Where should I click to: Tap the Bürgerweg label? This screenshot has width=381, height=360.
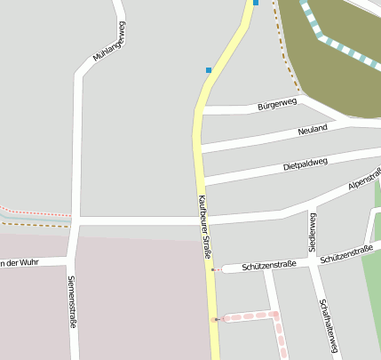click(x=276, y=105)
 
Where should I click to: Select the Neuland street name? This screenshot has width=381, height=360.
click(x=313, y=129)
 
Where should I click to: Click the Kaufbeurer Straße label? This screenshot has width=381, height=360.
click(x=204, y=227)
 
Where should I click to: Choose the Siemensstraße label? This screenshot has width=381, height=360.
click(x=72, y=302)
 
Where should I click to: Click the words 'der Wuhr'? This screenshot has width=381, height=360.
click(x=18, y=262)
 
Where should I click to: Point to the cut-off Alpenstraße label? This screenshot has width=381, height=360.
click(x=364, y=179)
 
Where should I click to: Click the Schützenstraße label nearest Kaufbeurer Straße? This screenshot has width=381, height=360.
click(x=268, y=265)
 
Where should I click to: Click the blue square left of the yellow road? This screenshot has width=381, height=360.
click(x=209, y=69)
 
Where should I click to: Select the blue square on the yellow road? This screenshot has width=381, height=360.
click(x=256, y=3)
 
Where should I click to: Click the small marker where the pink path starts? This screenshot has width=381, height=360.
click(x=215, y=318)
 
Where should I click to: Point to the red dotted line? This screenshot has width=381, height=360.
click(x=36, y=213)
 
